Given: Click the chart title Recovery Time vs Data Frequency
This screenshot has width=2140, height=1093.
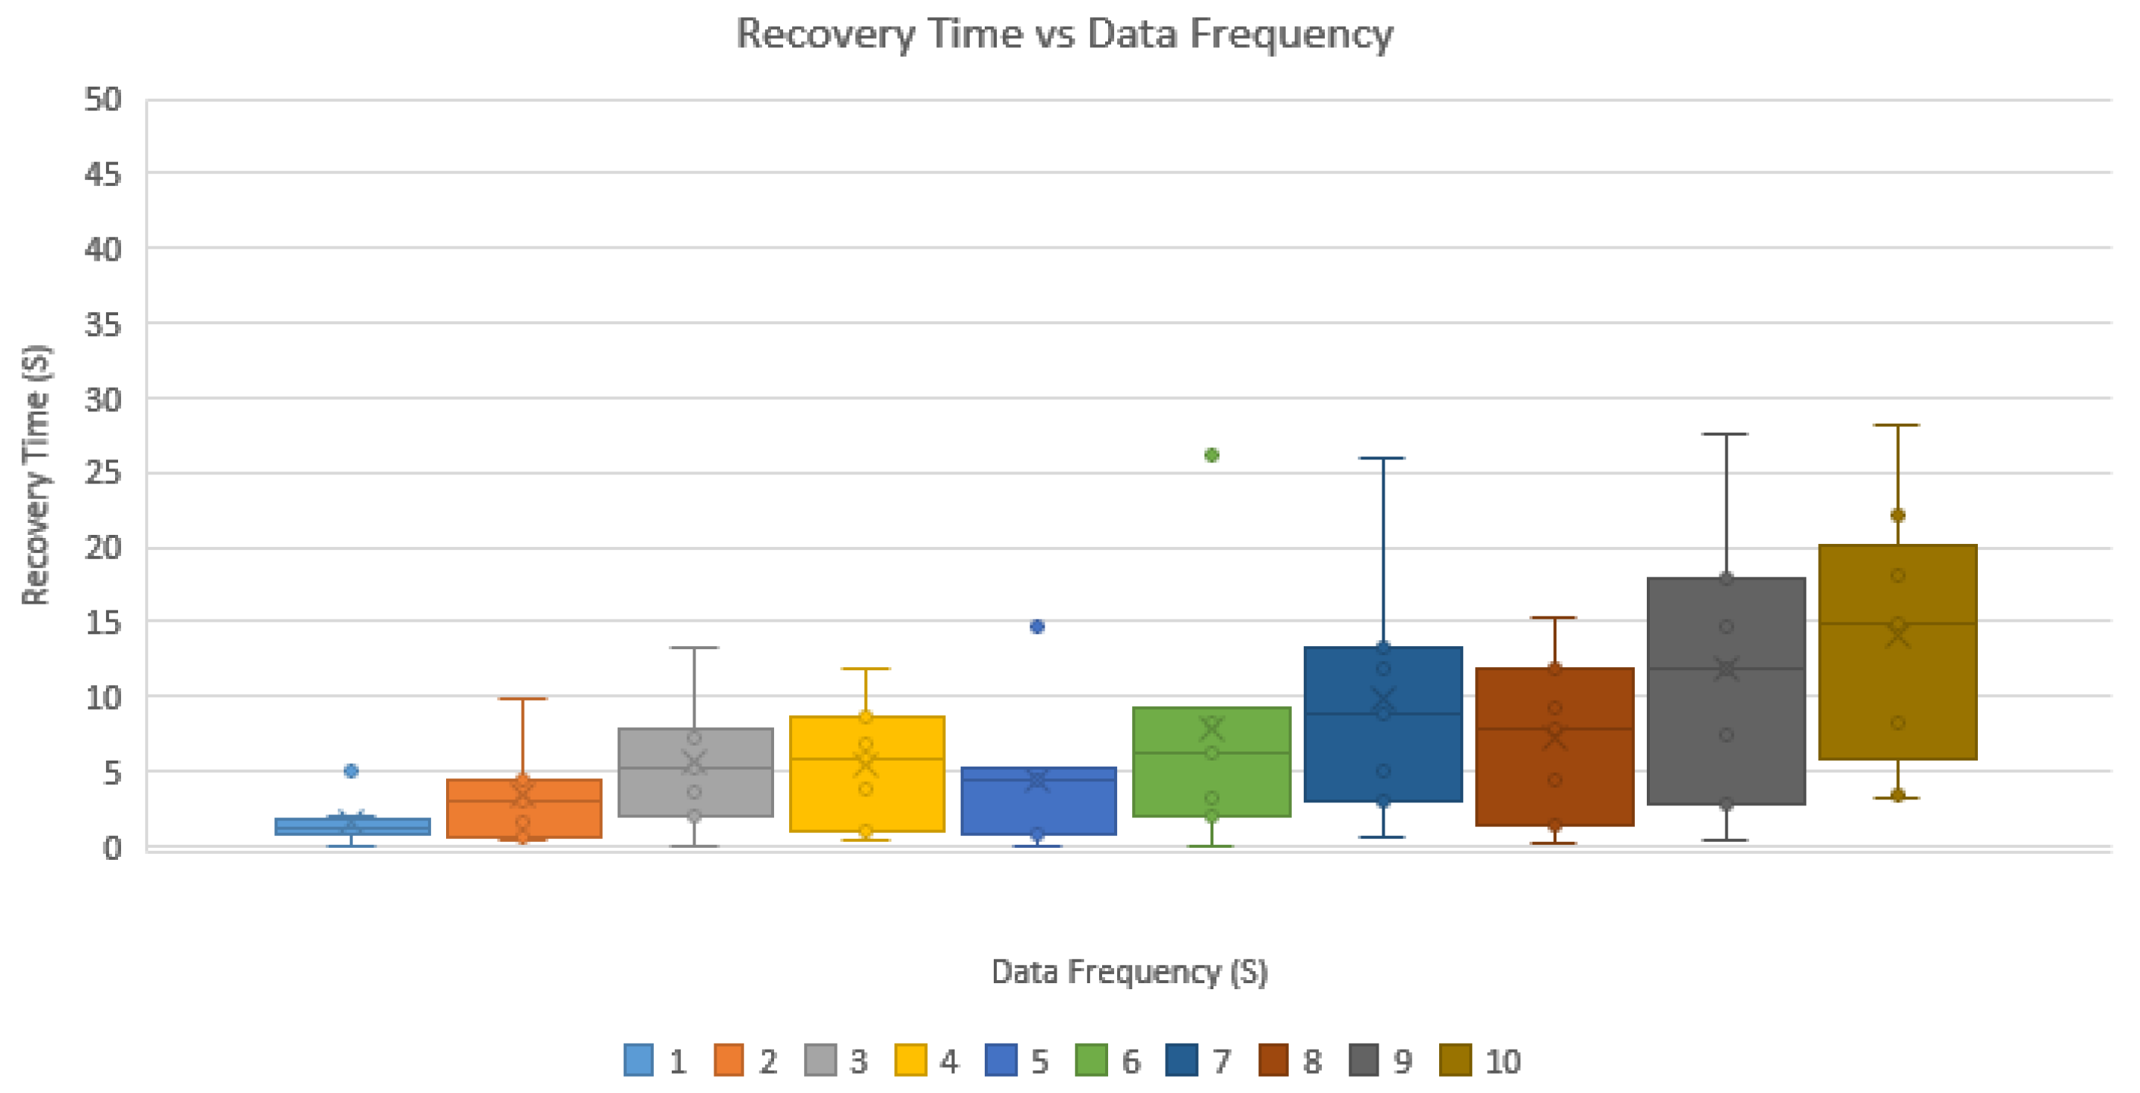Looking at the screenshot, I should coord(1064,34).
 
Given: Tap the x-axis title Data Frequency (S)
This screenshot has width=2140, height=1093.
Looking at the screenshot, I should coord(1129,971).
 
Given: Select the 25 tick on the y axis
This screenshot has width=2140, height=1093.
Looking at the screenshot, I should coord(103,474).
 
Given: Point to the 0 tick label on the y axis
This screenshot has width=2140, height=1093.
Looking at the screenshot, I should coord(112,847).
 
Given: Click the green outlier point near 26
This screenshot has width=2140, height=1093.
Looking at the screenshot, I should coord(1211,455).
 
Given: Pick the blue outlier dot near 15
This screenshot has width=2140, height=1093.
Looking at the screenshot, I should coord(1037,626).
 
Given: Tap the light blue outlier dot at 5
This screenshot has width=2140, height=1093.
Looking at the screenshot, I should coord(350,771).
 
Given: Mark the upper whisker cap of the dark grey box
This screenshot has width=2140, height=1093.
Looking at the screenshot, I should coord(1725,433).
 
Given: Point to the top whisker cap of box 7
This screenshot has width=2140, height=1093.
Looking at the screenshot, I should coord(1382,458).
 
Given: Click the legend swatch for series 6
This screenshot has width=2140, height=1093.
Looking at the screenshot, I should coord(1091,1060).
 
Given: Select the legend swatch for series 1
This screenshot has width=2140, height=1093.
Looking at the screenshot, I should coord(638,1060).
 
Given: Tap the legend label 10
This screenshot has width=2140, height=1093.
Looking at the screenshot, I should coord(1502,1062).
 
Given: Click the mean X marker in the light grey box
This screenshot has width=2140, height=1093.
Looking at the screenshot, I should coord(693,763).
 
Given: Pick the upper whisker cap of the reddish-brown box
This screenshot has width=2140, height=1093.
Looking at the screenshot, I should coord(1553,618).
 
